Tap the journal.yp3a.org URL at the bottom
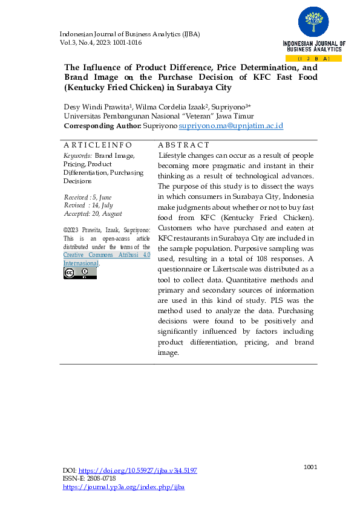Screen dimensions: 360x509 pyautogui.click(x=123, y=486)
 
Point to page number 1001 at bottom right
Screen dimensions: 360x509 pyautogui.click(x=310, y=467)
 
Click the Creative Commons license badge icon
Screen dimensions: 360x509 pyautogui.click(x=80, y=273)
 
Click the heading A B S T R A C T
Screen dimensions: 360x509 pyautogui.click(x=183, y=145)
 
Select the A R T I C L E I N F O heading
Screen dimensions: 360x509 pyautogui.click(x=97, y=145)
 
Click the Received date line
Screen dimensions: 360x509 pyautogui.click(x=88, y=198)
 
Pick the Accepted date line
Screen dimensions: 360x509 pyautogui.click(x=93, y=213)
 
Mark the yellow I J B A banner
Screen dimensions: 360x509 pyautogui.click(x=313, y=59)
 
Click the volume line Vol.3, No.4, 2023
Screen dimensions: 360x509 pyautogui.click(x=100, y=43)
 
